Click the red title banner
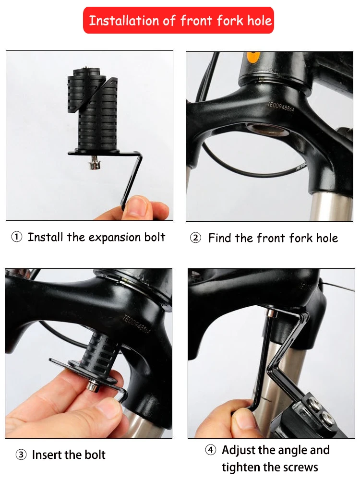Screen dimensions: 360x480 [179, 20]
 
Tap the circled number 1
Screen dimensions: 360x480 [17, 237]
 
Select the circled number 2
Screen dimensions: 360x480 [196, 238]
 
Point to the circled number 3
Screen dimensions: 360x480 [21, 455]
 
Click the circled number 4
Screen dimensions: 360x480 [211, 450]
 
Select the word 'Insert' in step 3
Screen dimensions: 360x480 [47, 455]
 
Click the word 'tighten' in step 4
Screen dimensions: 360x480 [241, 468]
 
